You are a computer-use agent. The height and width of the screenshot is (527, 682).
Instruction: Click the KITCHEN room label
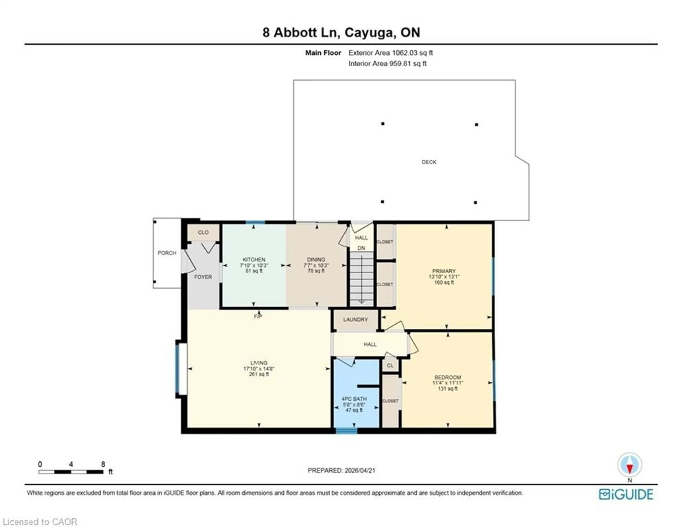tap(254, 259)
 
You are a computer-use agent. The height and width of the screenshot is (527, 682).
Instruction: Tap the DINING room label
tap(316, 259)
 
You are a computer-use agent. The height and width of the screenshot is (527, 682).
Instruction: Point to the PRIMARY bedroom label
tap(444, 271)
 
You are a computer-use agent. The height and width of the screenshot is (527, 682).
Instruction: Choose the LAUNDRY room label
tap(355, 320)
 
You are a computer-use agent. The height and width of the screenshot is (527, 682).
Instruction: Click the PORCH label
tap(167, 253)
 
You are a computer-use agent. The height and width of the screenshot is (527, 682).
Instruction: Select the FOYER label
tap(203, 277)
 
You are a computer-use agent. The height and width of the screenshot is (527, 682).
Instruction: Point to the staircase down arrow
tap(361, 300)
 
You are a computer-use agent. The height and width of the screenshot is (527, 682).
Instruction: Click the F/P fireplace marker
tap(258, 317)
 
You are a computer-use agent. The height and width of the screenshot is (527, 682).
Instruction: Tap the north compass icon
tap(630, 465)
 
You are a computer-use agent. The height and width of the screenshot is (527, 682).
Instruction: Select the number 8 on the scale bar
tap(103, 464)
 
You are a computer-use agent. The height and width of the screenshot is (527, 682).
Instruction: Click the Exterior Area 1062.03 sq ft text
tap(390, 53)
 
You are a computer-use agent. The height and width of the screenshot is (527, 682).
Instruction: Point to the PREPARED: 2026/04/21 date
tap(341, 470)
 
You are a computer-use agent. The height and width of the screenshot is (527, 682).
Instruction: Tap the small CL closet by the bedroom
tap(390, 365)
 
